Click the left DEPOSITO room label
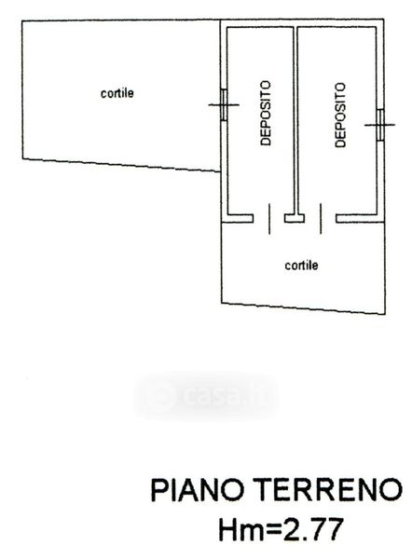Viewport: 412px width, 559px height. (266, 113)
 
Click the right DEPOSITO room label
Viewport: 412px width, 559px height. (340, 115)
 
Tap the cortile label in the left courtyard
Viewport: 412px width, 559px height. (117, 93)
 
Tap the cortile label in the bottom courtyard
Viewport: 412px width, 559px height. (301, 266)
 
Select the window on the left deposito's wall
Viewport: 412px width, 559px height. (224, 104)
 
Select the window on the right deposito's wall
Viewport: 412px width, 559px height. (380, 125)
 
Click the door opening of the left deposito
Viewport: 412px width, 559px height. (269, 218)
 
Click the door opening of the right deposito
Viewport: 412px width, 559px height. (321, 218)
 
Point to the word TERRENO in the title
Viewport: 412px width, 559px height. (328, 490)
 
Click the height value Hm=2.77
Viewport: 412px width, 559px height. (282, 529)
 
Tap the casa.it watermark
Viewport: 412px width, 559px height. (206, 395)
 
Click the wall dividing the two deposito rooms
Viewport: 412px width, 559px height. (295, 120)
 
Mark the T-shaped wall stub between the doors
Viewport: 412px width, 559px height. (295, 217)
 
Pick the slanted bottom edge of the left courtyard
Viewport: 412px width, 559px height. (121, 165)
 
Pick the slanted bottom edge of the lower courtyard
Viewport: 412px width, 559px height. (303, 308)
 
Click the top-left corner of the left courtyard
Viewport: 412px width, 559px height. (22, 20)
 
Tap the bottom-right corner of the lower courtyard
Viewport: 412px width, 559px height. (385, 314)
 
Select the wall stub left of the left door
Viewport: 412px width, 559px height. (239, 218)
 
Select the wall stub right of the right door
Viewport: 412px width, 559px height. (357, 218)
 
